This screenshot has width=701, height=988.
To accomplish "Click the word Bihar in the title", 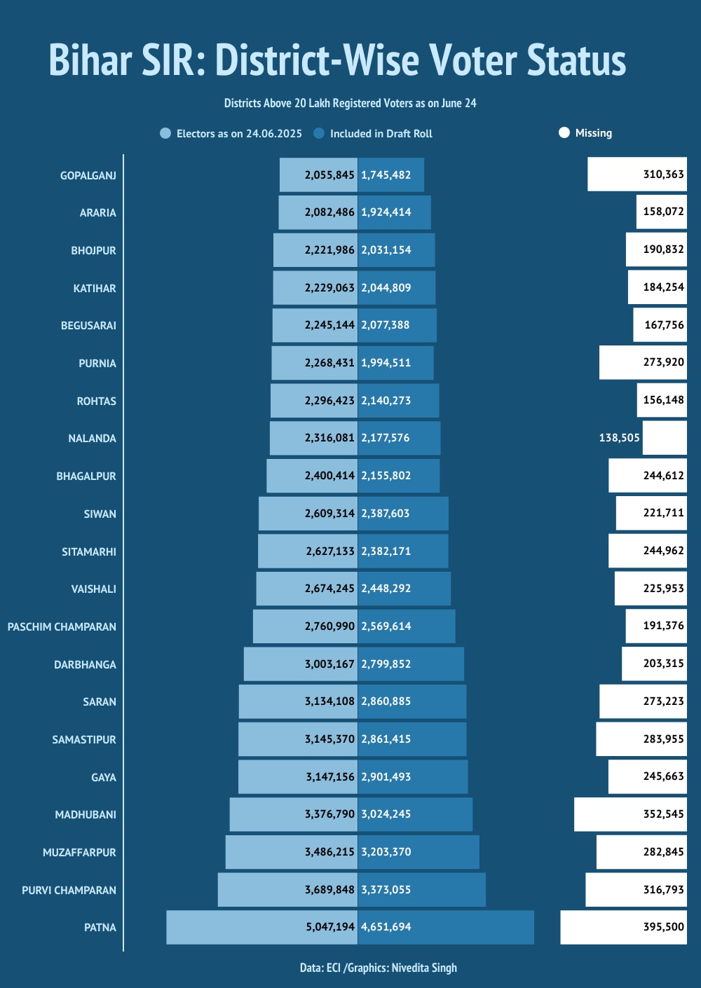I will point(90,60).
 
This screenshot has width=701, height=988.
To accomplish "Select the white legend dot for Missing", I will point(564,133).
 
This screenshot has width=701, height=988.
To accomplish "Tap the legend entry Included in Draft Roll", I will point(381,134).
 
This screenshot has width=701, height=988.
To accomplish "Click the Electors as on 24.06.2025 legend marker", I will point(165,134).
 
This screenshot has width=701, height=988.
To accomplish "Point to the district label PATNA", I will point(100,928).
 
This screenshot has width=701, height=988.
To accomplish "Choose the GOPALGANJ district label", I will point(88,176).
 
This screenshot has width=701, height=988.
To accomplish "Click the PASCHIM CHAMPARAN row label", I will point(62,627).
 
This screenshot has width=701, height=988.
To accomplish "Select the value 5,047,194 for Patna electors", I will point(329,927).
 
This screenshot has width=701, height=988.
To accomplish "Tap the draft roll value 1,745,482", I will point(386,175).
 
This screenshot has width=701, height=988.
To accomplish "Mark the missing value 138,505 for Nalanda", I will point(619,438).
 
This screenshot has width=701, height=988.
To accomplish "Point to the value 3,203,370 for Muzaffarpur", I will point(386,852).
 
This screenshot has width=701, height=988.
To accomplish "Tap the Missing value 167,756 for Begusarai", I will point(663,325).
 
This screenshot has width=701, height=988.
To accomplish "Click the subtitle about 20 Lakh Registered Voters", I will point(350,104).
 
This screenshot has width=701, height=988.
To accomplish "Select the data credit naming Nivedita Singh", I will point(379,968).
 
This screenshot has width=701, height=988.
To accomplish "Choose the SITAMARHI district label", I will point(89,552).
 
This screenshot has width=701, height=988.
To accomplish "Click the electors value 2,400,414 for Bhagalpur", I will point(329,476).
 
